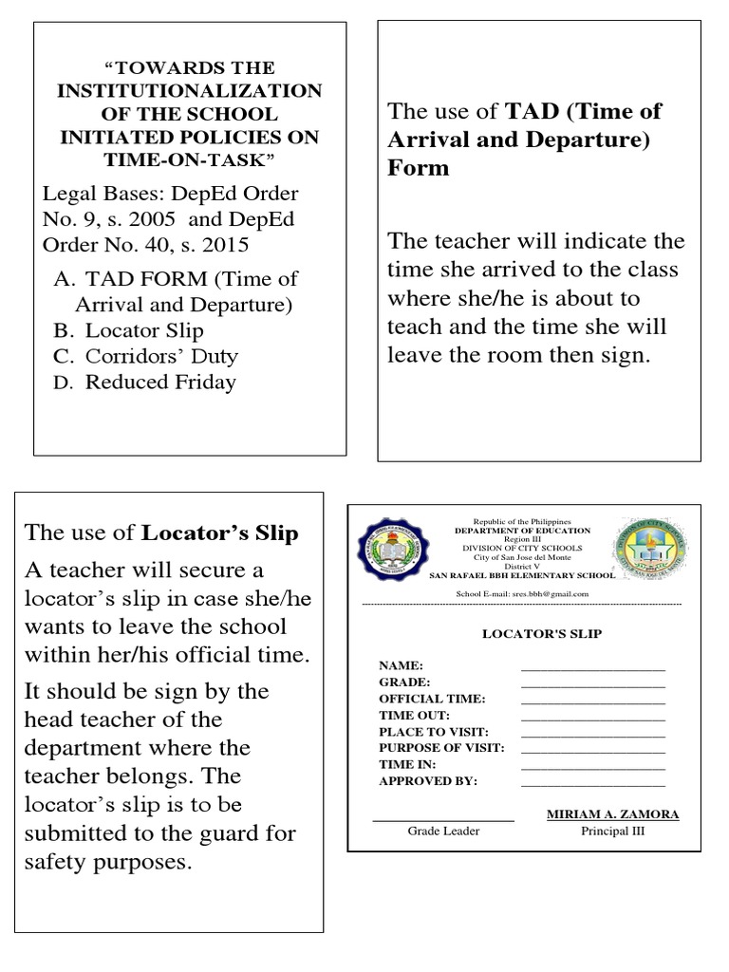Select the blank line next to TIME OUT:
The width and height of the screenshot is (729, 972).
592,717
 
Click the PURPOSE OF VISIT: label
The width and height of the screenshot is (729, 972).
441,748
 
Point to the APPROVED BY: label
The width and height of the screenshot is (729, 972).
428,781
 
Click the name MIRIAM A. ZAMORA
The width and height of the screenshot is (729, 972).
612,815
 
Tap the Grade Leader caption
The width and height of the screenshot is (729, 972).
443,832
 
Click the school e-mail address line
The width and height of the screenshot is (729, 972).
523,594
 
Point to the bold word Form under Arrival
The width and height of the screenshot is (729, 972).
418,168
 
